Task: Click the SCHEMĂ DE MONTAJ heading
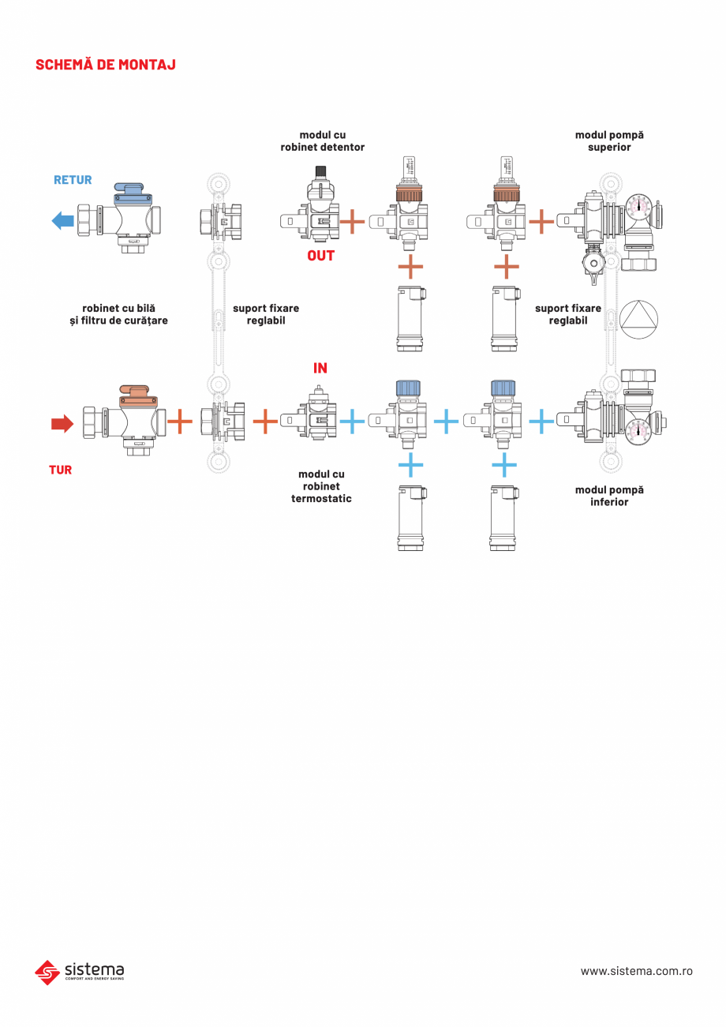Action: tap(106, 65)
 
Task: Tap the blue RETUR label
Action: tap(73, 180)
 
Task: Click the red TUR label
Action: tap(60, 470)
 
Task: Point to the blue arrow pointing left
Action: tap(62, 220)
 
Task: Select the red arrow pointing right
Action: tap(62, 424)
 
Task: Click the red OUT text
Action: tap(320, 256)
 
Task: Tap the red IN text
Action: tap(320, 368)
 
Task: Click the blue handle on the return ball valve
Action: tap(129, 189)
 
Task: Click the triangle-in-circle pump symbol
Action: tap(638, 317)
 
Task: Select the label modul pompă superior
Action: tap(609, 141)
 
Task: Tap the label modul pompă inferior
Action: tap(609, 496)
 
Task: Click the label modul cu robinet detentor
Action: tap(323, 141)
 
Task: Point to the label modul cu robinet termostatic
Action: tap(321, 486)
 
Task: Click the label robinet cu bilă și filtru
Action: tap(118, 314)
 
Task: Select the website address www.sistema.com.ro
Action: tap(636, 971)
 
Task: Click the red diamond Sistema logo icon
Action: tap(47, 972)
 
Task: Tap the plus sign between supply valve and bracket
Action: tap(180, 422)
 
